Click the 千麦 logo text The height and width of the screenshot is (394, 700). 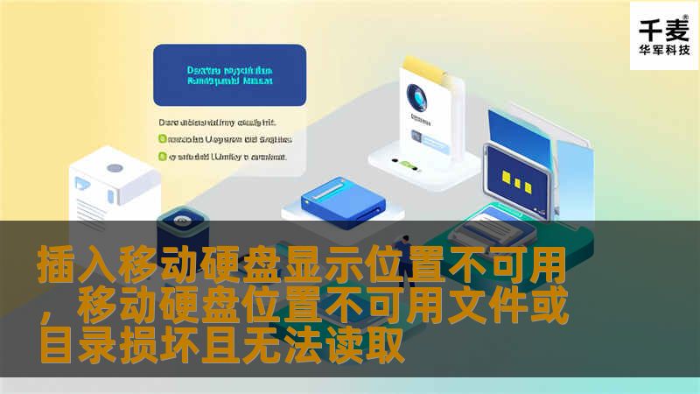(664, 30)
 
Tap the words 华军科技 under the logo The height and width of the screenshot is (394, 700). (664, 52)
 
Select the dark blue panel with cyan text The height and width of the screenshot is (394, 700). (229, 75)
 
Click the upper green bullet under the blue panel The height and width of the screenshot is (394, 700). (162, 138)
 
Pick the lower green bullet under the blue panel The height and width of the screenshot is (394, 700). (162, 157)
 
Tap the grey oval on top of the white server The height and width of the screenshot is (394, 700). (115, 167)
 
